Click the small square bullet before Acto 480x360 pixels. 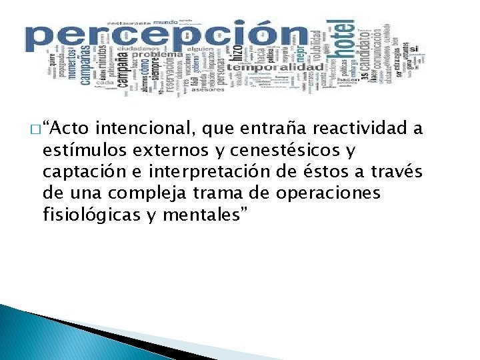34,129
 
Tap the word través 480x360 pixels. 398,172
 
